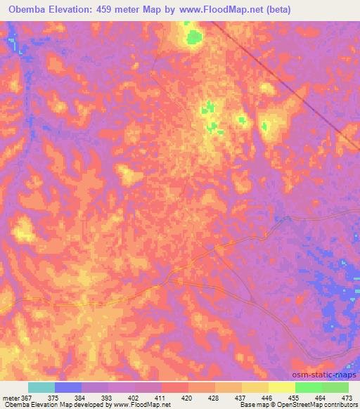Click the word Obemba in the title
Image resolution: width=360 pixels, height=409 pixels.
pos(24,10)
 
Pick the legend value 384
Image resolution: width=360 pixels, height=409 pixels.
pos(81,397)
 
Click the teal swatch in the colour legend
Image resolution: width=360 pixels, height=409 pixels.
pos(41,387)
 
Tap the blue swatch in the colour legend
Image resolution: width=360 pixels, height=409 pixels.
pos(68,387)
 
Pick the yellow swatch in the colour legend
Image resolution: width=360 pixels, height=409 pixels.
pos(255,387)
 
